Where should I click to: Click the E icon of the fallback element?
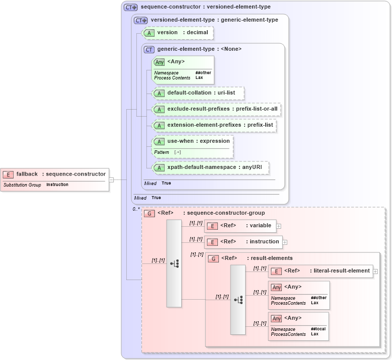tap(8, 174)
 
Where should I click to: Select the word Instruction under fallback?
tap(57, 185)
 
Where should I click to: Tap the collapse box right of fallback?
tap(111, 179)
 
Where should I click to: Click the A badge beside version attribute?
tap(149, 33)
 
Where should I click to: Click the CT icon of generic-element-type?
tap(149, 50)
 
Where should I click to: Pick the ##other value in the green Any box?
tap(203, 73)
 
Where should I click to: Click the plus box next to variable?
tap(278, 226)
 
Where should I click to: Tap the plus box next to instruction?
tap(285, 242)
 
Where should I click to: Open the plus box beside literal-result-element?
tap(375, 272)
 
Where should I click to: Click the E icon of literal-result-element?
tap(276, 272)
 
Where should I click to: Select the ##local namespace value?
tap(318, 329)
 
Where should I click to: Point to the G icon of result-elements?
tap(213, 259)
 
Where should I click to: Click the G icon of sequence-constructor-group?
tap(149, 214)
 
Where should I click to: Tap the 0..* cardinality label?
tap(136, 209)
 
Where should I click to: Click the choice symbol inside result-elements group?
tap(238, 300)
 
